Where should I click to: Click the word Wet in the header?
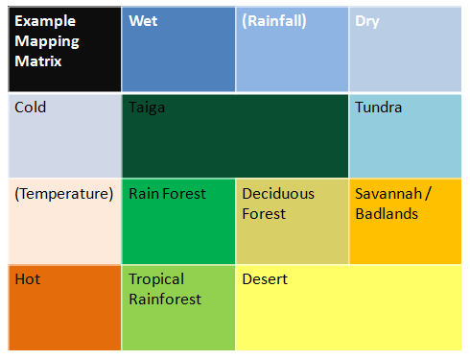point(143,21)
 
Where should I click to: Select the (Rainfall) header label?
point(274,21)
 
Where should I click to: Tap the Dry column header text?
point(366,21)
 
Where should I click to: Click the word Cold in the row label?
point(31,108)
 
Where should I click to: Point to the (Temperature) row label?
point(64,194)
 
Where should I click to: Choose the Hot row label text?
point(28,279)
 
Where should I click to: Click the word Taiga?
point(147,108)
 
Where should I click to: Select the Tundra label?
point(378,108)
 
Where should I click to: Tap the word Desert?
point(265,279)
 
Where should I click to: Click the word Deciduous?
point(278,194)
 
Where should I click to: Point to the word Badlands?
point(387,213)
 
